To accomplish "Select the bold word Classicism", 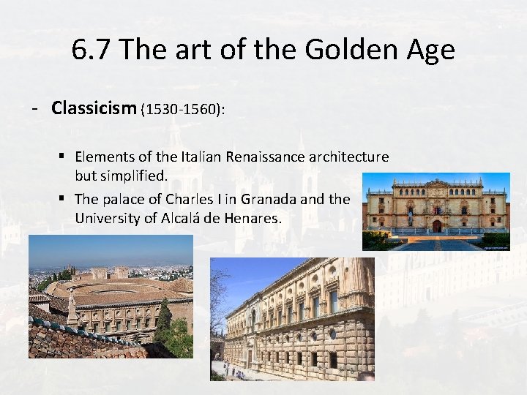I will click(94, 108).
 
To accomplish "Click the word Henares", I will click(252, 218).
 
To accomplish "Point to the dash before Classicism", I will click(34, 109).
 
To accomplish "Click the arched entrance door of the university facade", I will click(436, 226).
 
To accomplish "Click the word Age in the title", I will click(433, 50).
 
